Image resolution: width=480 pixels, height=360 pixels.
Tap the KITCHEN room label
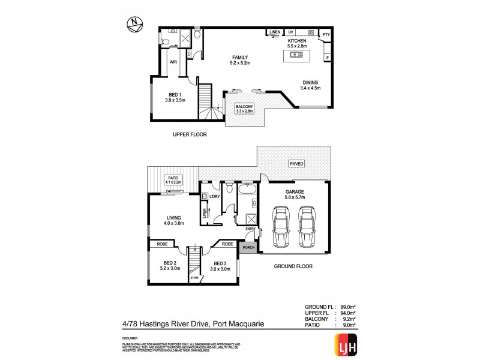tap(297, 41)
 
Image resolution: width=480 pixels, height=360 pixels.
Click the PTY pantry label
tap(326, 35)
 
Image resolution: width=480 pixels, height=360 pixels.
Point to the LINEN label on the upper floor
tap(274, 31)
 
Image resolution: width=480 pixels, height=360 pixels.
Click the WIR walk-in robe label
tap(173, 61)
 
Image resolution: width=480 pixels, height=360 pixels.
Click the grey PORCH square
tap(247, 246)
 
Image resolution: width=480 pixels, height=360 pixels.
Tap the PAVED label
tap(296, 163)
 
